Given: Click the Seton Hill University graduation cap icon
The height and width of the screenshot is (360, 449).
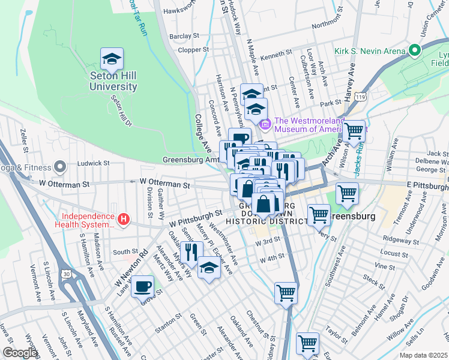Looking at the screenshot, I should pos(112,59).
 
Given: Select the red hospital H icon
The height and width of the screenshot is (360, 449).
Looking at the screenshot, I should pos(123,220).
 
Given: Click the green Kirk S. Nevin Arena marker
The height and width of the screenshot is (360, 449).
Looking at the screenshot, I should pos(414,51).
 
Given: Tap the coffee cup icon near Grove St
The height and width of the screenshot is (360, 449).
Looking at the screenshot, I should pos(142,286).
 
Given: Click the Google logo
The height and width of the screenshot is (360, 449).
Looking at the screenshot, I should pos(20,353).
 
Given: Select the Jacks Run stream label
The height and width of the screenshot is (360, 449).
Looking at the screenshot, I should pos(358,160).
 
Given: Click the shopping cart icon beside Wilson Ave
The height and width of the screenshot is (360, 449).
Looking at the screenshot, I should pos(354,130).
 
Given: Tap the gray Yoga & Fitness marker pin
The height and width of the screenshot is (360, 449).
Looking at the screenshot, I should pos(59,166).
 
